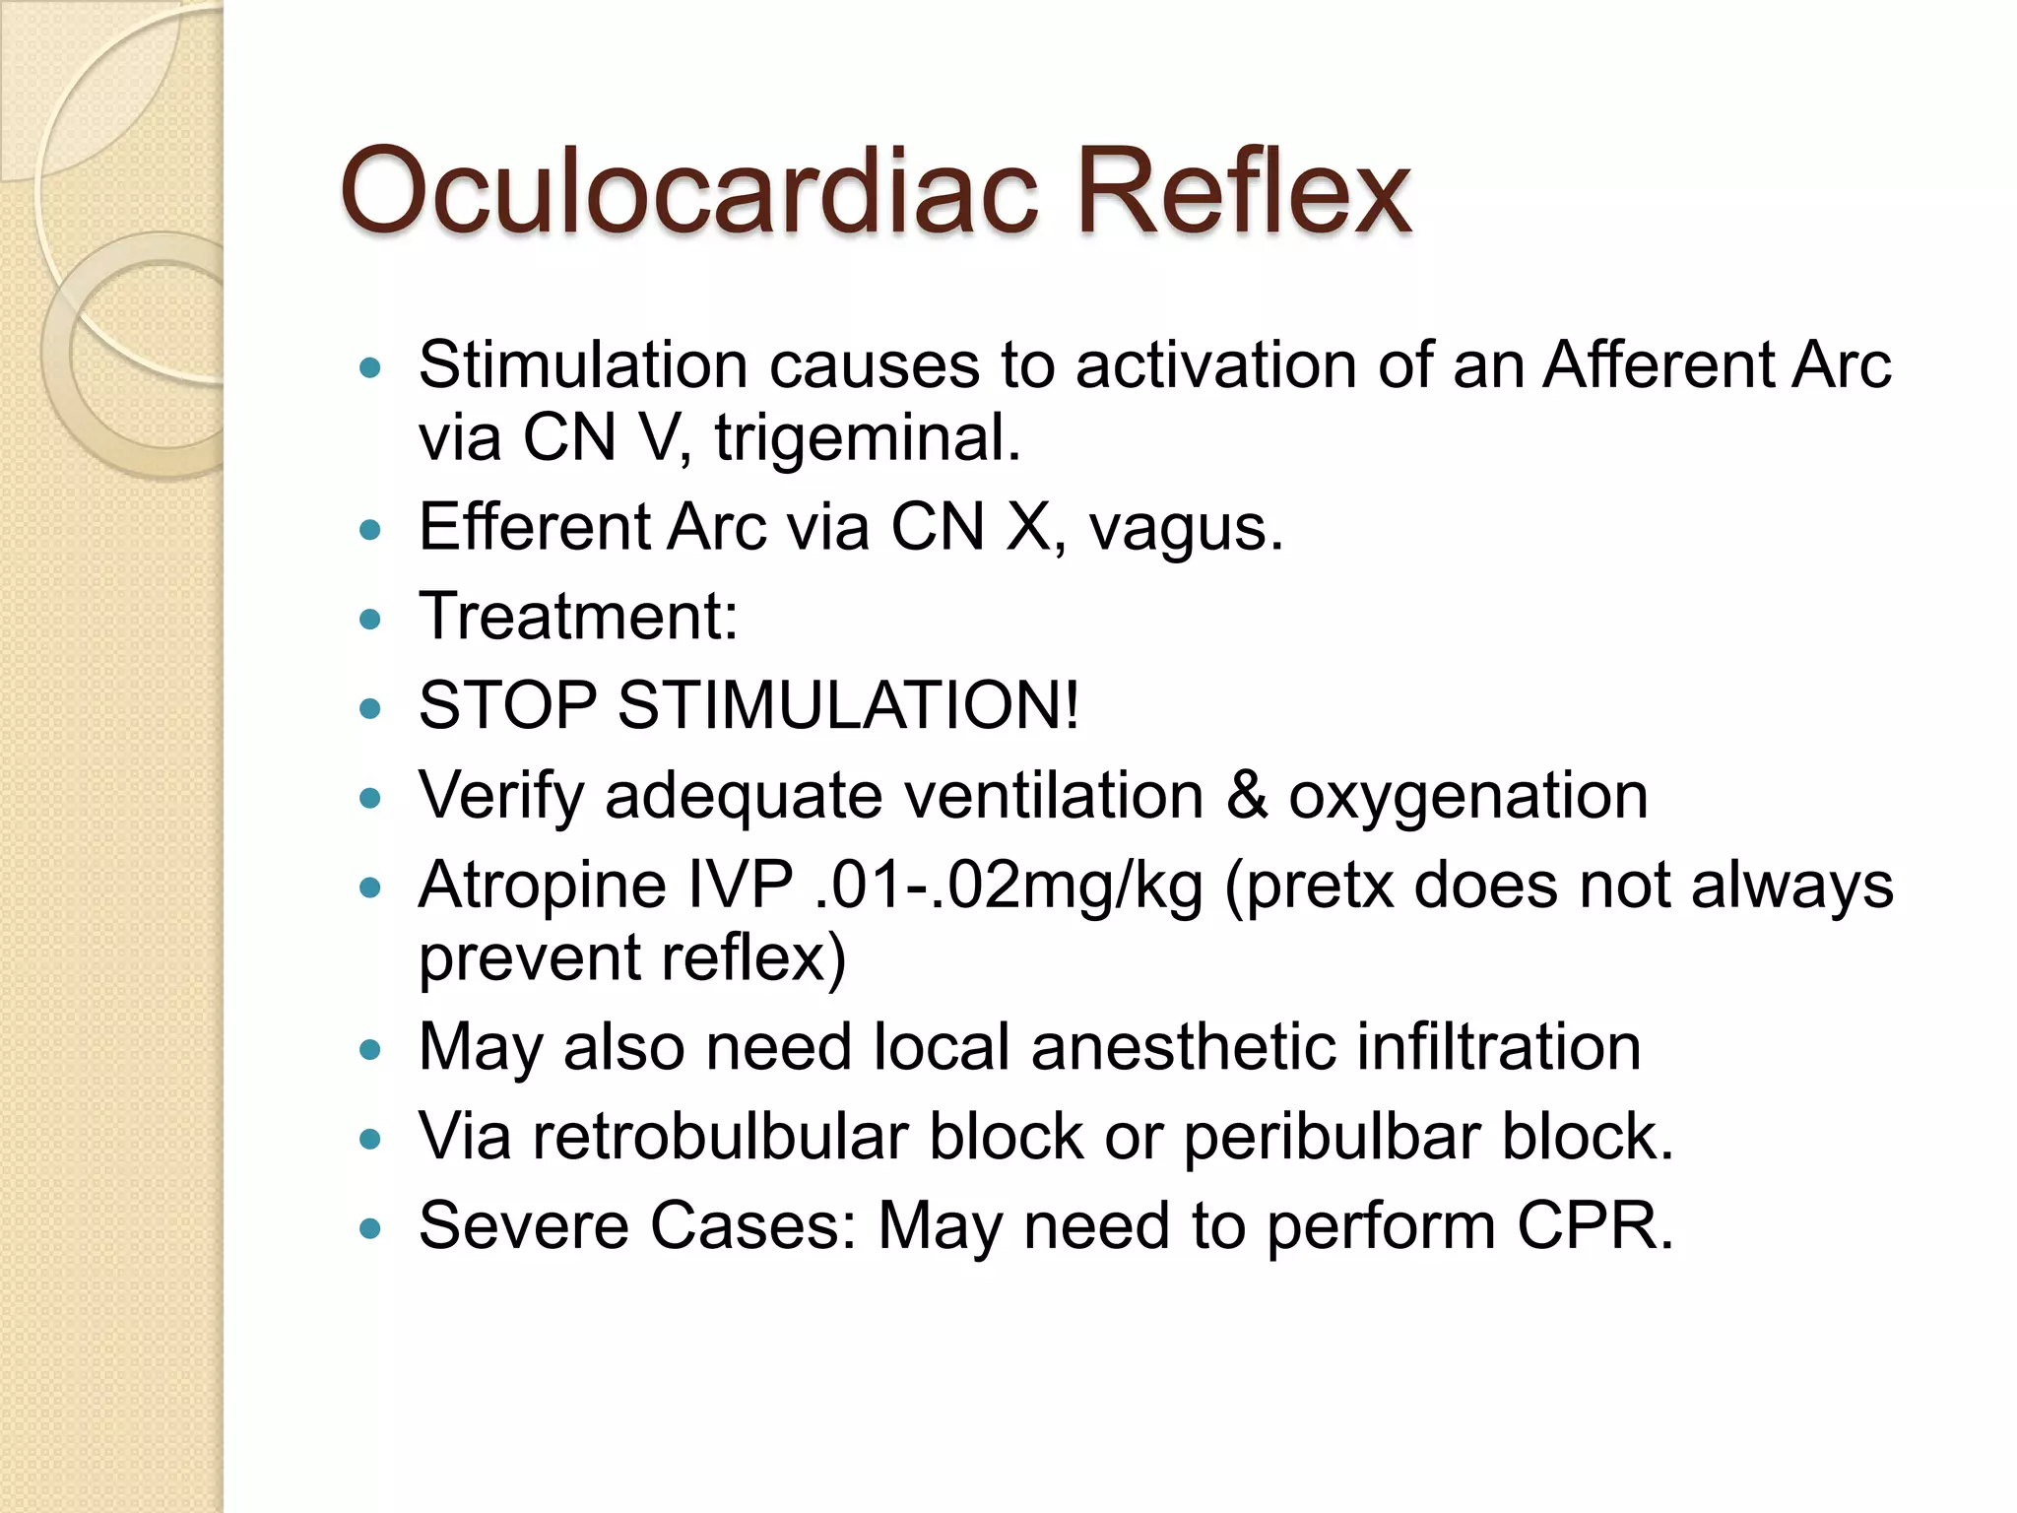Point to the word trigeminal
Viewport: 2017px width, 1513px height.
867,438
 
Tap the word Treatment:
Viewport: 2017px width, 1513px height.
578,617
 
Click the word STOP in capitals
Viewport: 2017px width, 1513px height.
507,705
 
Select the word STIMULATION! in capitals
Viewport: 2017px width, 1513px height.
848,705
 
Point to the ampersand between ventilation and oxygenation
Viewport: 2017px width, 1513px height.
1246,795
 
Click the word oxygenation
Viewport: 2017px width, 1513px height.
1468,797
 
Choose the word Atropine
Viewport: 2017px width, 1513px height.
541,886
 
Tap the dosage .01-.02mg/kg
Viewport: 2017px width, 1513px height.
1009,886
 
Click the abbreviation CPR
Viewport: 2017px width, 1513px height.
1594,1226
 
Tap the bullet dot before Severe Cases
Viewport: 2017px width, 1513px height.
370,1228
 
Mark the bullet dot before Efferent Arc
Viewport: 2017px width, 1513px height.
370,530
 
